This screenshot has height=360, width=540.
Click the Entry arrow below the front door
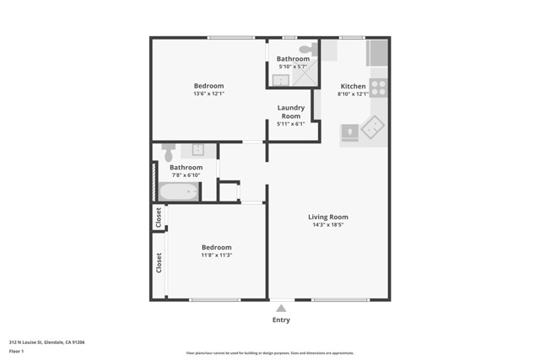281,309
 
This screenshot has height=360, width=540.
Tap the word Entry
281,320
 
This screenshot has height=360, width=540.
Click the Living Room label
328,217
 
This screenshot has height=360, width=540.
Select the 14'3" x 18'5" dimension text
328,225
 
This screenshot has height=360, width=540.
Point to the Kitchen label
353,87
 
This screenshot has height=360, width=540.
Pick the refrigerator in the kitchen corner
377,52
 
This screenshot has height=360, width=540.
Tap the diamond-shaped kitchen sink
372,126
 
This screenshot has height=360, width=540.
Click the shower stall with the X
303,77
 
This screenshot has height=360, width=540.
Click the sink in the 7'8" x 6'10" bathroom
197,150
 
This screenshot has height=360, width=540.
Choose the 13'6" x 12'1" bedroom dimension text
208,94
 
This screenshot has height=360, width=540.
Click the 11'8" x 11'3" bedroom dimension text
216,255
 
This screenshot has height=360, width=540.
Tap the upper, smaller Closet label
158,218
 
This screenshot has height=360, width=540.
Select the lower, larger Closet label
158,262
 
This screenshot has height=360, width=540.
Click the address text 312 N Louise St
46,342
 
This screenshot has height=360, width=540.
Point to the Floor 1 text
16,350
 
